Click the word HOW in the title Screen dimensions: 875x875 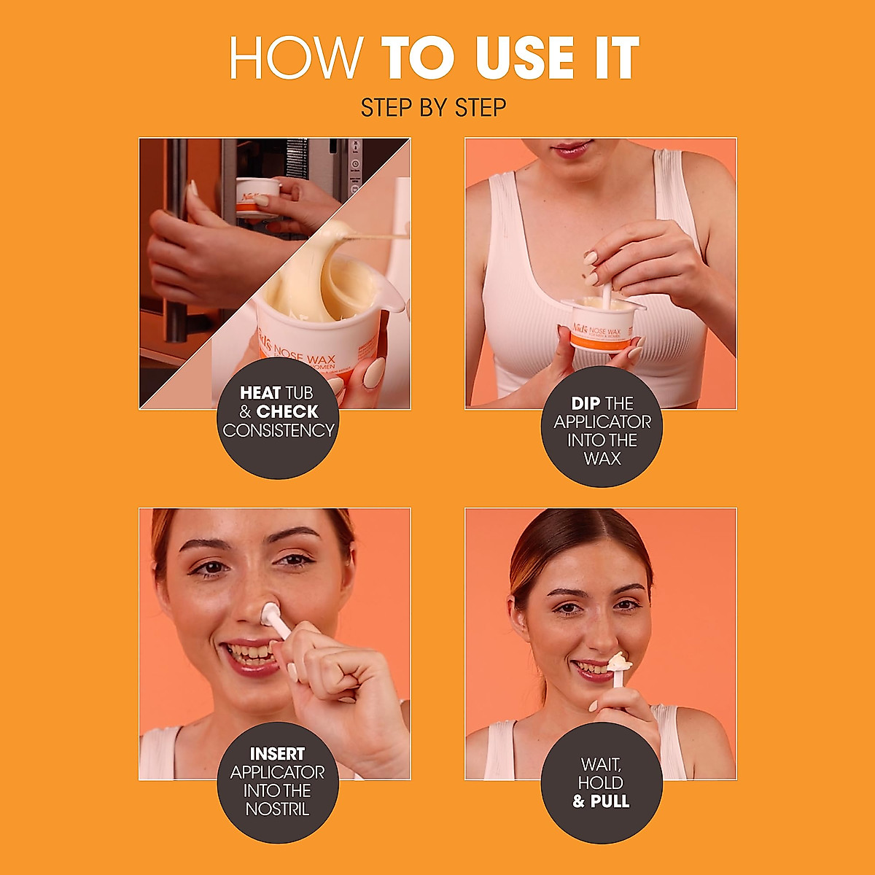coord(296,58)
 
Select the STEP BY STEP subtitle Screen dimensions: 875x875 coord(434,108)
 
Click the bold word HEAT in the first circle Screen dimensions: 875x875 coord(260,393)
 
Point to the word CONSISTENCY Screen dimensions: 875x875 coord(279,431)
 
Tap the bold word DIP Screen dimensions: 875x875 coord(586,403)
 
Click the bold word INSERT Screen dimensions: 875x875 coord(277,754)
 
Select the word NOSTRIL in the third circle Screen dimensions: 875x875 coord(277,809)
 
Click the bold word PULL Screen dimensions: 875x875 coord(610,801)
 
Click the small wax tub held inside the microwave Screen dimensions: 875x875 coord(258,196)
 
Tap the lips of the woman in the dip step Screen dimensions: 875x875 coord(572,149)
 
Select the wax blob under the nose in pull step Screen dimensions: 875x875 coord(618,662)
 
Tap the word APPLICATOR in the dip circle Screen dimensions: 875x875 coord(602,422)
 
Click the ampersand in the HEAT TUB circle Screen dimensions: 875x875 coord(245,412)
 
